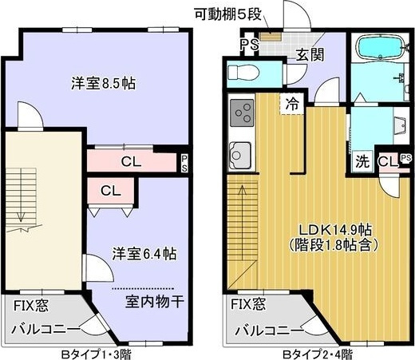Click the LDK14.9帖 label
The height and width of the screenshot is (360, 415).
pos(334,229)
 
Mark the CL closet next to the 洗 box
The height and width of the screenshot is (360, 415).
pos(386,162)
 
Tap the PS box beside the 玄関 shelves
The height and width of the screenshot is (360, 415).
pos(247,44)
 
